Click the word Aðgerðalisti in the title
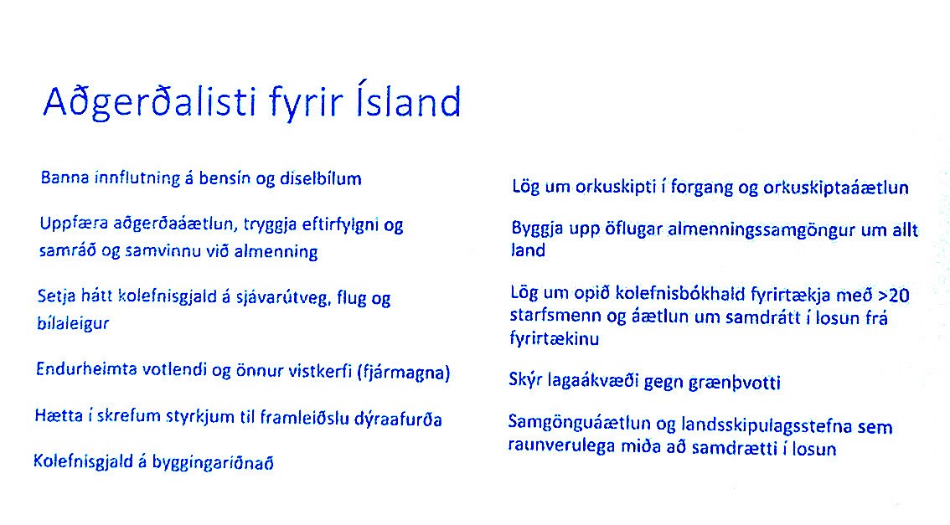click(150, 101)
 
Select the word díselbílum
click(321, 178)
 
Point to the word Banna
click(65, 178)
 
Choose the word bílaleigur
click(74, 322)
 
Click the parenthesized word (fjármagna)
click(404, 372)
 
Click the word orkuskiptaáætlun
click(836, 188)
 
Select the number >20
click(894, 296)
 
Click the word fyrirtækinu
click(555, 338)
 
